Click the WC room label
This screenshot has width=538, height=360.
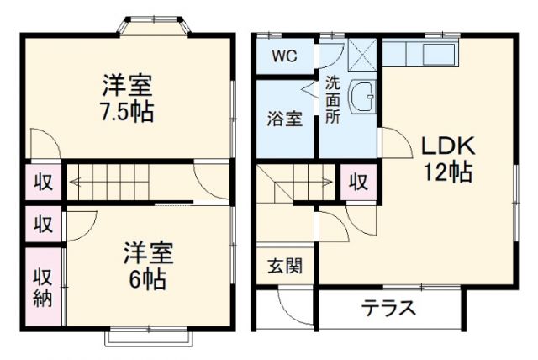point(285,57)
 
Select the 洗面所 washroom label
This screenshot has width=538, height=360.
point(333,100)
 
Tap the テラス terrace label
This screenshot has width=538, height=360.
point(389,308)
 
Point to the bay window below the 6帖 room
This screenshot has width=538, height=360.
point(149,336)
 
